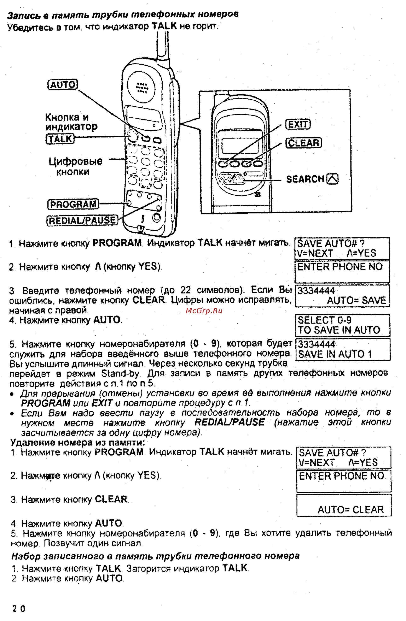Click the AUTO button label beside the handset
63,85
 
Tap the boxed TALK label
60,138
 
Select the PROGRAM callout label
73,204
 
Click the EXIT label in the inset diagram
298,124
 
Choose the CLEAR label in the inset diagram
304,143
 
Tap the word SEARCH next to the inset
305,179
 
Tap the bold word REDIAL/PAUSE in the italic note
230,422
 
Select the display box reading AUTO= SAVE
342,296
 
